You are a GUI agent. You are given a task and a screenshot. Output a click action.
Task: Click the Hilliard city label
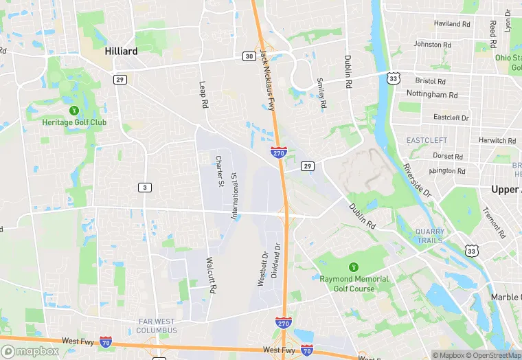pos(121,51)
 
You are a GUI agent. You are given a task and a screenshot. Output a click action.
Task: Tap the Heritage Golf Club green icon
pos(74,111)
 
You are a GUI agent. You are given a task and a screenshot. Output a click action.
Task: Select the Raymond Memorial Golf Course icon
pos(354,267)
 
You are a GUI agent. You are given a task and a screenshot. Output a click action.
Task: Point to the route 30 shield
pos(248,56)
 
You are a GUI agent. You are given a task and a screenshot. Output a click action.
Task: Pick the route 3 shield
pos(144,188)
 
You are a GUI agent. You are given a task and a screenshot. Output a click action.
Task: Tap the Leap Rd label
pos(203,95)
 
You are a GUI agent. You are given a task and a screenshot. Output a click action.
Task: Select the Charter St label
pos(220,171)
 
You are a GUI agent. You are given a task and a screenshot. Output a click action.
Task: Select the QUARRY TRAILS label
pos(430,236)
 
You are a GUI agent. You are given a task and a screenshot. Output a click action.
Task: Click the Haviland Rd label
pos(452,23)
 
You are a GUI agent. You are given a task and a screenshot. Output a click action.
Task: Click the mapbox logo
pos(30,351)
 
